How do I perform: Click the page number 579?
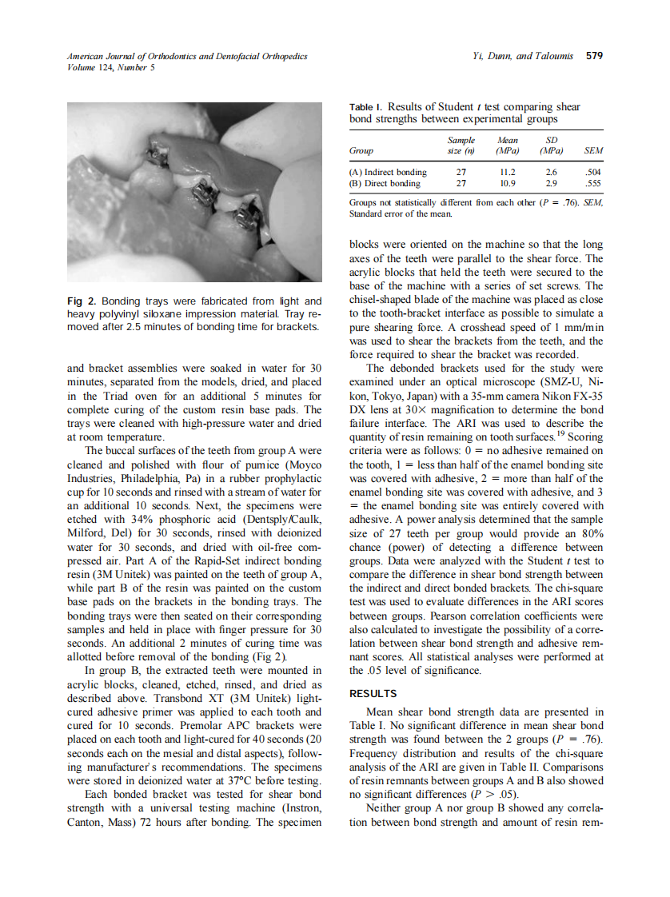594,57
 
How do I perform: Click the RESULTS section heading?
373,693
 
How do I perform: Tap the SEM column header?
593,150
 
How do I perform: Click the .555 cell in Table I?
593,183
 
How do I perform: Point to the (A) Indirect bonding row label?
389,172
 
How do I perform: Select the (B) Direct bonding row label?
385,183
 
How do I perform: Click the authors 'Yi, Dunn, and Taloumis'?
525,57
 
